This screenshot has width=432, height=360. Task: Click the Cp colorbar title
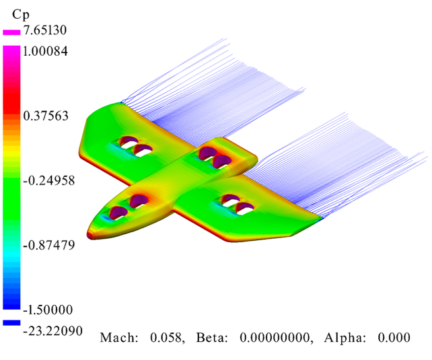(x=21, y=15)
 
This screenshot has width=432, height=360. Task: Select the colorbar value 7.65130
(x=45, y=30)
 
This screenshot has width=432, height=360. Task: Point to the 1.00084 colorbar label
(x=45, y=51)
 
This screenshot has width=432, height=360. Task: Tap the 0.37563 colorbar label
(x=46, y=116)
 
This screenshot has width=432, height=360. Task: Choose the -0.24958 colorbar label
(x=49, y=180)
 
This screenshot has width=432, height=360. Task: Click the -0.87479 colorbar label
(x=49, y=245)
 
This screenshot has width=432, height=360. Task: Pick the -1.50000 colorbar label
(x=48, y=310)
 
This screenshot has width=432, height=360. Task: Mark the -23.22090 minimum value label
(x=53, y=331)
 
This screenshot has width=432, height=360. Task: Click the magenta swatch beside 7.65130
(x=11, y=32)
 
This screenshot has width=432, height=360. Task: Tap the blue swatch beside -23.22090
(x=11, y=323)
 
